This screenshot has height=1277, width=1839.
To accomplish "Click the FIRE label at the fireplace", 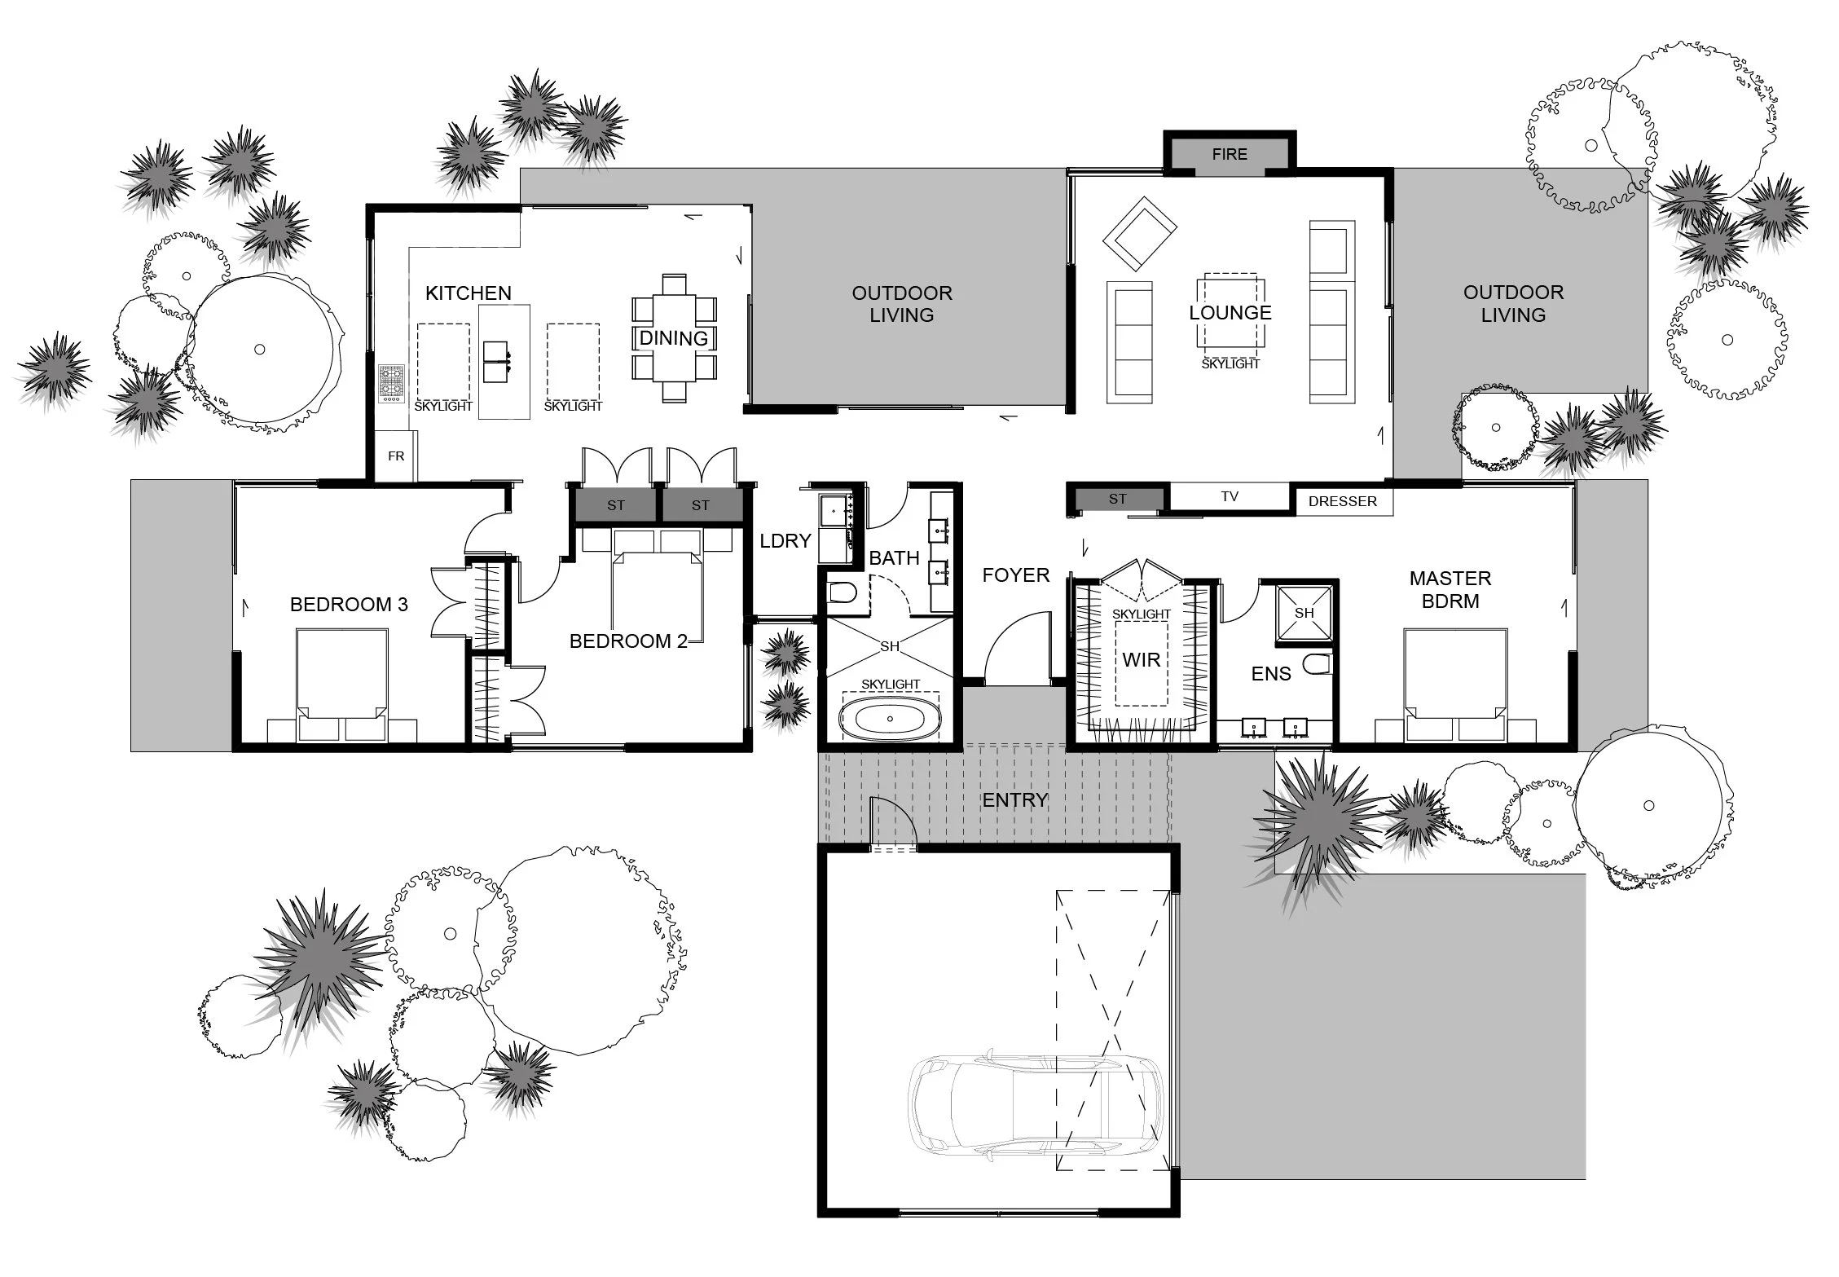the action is [1230, 154].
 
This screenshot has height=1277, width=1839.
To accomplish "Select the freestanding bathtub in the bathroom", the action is [890, 719].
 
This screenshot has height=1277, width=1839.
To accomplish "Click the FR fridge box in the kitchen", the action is [396, 456].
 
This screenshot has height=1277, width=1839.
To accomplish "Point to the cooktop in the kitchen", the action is [391, 383].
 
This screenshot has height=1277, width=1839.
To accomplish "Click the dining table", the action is [674, 337].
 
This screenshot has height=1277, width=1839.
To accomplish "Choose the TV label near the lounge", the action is [1230, 496].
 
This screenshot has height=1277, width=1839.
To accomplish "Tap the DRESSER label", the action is [1343, 502].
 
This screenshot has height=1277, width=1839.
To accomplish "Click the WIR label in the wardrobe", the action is [1141, 660].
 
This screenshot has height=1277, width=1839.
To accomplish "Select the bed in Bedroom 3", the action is [341, 685].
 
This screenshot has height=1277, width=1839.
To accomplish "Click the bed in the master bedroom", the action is [1455, 685].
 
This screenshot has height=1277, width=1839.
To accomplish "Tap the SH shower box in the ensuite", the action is [1304, 613].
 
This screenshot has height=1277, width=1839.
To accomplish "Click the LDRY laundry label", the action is [785, 541].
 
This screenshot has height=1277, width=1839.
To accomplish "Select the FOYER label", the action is [1016, 575].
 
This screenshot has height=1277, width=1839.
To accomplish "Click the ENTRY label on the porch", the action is [1015, 800].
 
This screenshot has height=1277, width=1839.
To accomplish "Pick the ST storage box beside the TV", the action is [1118, 499].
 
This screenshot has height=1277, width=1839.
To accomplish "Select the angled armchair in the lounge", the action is [1140, 234].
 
